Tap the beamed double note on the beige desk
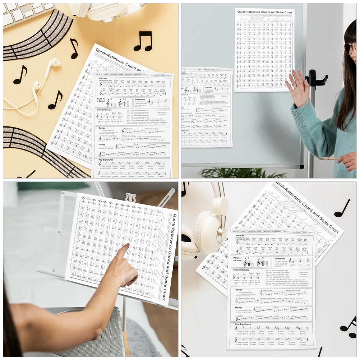pos(143,41)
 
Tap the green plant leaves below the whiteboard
pos(237,173)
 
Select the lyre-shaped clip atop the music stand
pos(130,197)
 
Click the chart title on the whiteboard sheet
pos(264,12)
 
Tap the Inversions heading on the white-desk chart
pos(280,258)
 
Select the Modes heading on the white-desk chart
pos(239,308)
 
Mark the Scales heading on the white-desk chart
pos(239,290)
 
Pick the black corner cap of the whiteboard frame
pos(302,167)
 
